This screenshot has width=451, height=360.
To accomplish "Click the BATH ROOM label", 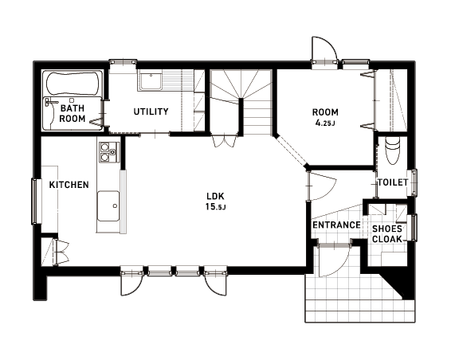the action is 73,113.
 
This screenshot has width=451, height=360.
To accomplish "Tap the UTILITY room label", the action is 151,112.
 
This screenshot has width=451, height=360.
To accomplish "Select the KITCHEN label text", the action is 69,185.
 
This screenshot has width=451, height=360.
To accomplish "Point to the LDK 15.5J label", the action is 215,202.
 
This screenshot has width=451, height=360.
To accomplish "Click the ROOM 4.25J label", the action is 325,117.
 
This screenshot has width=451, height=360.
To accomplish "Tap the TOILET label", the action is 393,182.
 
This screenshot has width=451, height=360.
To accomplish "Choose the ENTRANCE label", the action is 336,225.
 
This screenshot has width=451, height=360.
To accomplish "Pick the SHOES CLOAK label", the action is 387,234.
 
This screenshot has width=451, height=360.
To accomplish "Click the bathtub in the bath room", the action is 73,84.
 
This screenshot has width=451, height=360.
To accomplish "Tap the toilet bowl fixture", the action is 393,150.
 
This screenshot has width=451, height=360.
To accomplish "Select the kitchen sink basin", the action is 108,205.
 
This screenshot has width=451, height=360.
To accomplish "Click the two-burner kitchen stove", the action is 108,152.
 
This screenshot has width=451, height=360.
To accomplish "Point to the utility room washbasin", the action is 150,80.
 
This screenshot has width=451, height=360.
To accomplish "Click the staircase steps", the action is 241,102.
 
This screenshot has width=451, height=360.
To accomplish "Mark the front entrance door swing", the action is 333,260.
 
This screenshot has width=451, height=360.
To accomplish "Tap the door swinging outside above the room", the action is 324,50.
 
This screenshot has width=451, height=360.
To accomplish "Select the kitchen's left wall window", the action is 34,201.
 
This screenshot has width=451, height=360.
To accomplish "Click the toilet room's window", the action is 414,183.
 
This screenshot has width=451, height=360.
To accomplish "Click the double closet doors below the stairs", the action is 225,140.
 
